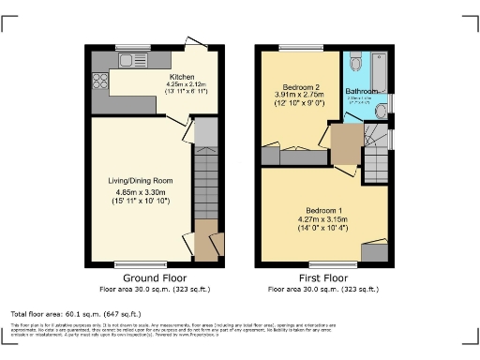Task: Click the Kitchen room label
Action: pyautogui.click(x=182, y=77)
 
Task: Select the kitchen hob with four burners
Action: pyautogui.click(x=98, y=80)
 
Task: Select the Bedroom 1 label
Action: pyautogui.click(x=324, y=209)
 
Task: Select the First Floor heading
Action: pyautogui.click(x=322, y=278)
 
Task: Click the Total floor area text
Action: pyautogui.click(x=76, y=312)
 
